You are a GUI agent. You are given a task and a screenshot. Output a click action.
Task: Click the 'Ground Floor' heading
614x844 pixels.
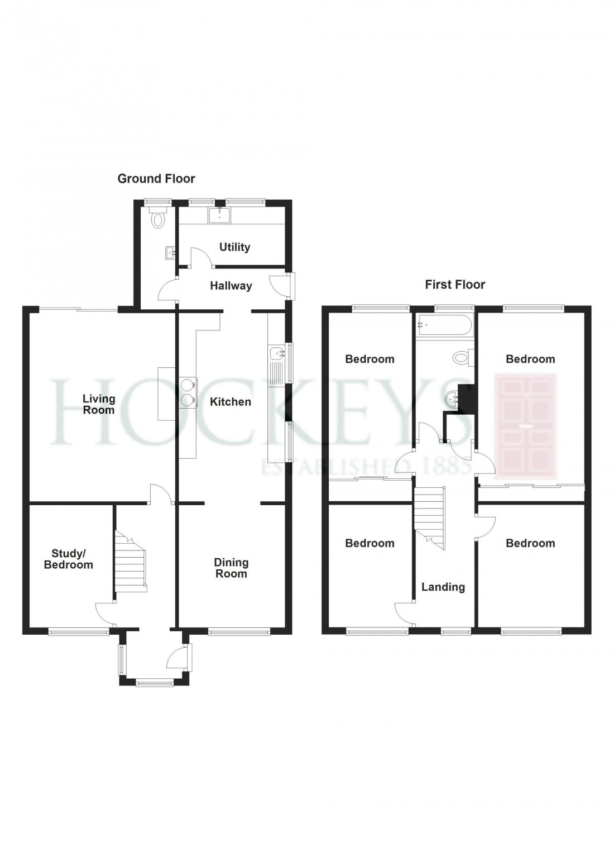156,179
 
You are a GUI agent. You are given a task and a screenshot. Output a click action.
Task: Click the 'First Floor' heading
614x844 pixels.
455,285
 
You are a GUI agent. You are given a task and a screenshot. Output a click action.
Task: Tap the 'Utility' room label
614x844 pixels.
234,247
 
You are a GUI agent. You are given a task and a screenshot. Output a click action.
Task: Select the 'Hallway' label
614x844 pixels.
231,286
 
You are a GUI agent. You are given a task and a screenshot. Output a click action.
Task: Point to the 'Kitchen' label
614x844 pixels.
230,401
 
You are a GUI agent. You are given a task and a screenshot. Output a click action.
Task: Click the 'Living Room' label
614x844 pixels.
99,404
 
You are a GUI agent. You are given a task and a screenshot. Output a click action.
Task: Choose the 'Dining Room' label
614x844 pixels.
231,568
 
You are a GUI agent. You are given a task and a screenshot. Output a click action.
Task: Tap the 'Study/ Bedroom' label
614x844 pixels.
72,559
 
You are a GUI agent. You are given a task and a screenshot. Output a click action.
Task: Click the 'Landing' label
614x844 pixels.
443,587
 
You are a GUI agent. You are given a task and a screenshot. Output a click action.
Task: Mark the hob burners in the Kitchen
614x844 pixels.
188,392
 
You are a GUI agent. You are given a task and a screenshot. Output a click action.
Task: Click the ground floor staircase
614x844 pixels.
130,561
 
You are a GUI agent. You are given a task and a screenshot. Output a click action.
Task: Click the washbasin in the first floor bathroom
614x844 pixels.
452,399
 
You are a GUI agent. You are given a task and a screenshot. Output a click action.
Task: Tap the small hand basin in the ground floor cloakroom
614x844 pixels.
170,254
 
